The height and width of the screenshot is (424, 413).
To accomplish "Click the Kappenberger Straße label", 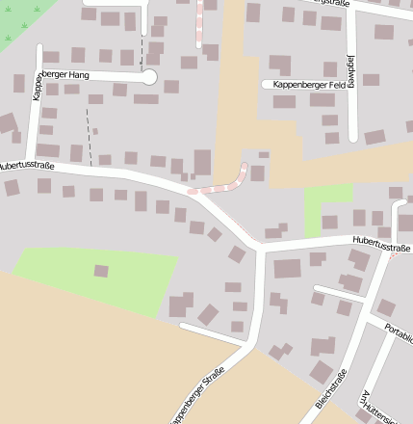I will pos(198,395).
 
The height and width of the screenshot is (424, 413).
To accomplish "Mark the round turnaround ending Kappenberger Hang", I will pos(148,76).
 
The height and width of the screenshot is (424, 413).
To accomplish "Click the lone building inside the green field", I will pos(101,271).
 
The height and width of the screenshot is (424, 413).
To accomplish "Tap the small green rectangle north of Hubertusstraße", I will pos(327,206).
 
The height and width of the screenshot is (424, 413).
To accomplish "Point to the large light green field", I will pos(96,279).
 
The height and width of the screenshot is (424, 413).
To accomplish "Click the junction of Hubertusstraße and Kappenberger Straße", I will pos(260,249).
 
